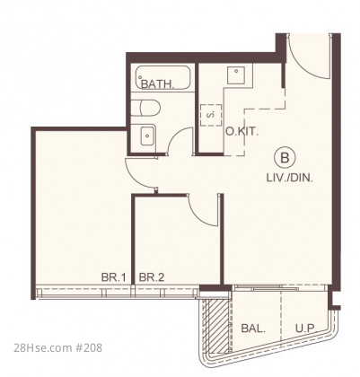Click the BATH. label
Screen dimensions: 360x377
coord(158,84)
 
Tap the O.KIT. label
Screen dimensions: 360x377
coord(241,131)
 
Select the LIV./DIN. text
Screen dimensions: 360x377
coord(290,178)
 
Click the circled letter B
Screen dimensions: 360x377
coord(285,157)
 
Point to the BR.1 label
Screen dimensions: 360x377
coord(113,277)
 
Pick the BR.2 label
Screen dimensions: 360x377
coord(152,277)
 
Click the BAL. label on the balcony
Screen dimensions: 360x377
coord(253,329)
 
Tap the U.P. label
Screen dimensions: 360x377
coord(306,329)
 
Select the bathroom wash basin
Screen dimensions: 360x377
coord(148,136)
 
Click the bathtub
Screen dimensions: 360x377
coord(162,77)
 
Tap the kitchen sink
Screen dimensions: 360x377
coord(236,75)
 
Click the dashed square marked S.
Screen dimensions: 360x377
coord(211,115)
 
